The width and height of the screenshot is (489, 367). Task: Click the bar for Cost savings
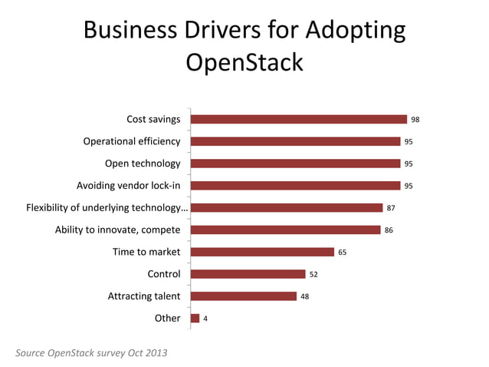coord(298,119)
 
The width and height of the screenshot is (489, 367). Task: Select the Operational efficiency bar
coord(295,141)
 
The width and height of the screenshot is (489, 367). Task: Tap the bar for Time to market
coord(262,252)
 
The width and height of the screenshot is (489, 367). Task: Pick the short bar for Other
coord(195,318)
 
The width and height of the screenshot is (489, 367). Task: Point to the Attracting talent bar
coord(243,296)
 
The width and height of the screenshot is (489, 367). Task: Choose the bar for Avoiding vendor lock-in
coord(295,186)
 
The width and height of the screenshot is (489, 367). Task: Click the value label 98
coord(415,120)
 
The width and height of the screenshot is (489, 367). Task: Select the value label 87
coord(391,208)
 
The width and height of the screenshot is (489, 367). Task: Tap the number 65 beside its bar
coord(343,252)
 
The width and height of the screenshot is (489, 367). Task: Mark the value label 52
coord(313,274)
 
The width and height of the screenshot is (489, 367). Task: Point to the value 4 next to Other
coord(205,319)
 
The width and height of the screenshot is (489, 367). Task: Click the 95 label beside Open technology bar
coord(409,164)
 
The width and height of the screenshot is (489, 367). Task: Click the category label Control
coord(163,274)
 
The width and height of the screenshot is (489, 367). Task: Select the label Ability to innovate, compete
coord(117,230)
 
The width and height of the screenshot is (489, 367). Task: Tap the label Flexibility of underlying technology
coord(107,207)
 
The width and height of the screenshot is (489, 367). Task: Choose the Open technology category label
coord(143,164)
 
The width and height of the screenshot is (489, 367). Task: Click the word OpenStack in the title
coord(244,61)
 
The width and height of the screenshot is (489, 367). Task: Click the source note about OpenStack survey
coord(91,352)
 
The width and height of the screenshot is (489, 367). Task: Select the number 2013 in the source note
coord(154,352)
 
